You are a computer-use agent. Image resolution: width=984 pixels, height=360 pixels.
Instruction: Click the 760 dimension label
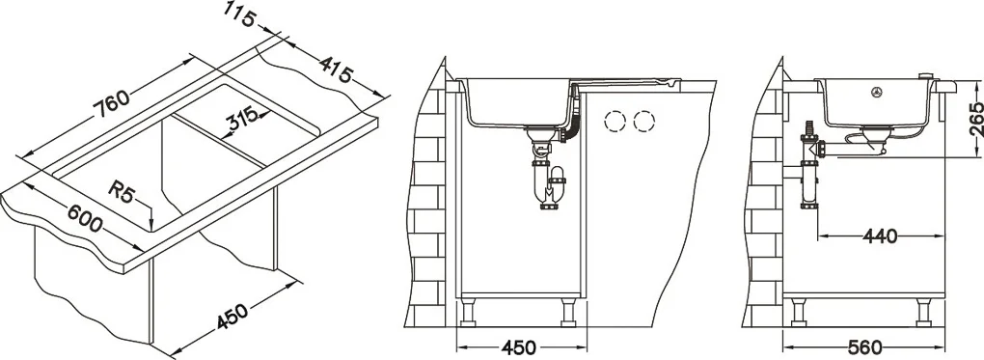click(x=112, y=103)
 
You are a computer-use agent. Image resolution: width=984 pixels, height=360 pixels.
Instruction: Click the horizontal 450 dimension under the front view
click(x=520, y=347)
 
